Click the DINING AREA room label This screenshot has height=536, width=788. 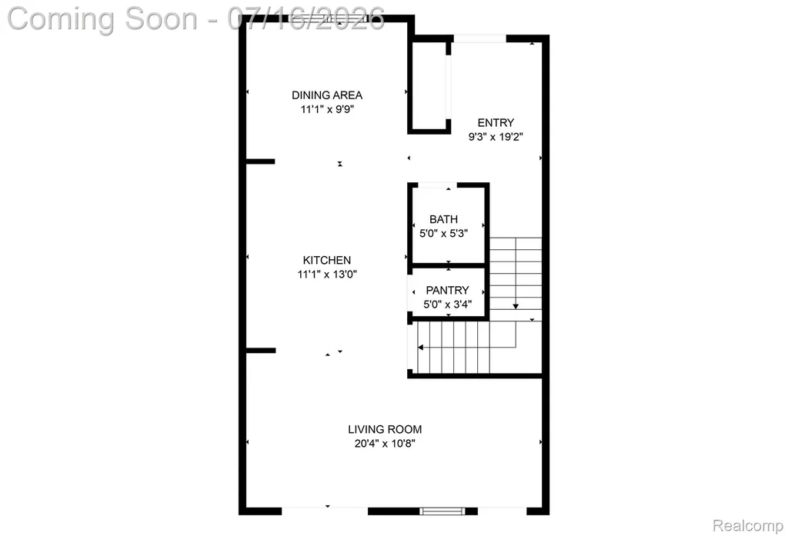[x=326, y=95]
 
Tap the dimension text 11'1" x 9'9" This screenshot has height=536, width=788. [x=328, y=109]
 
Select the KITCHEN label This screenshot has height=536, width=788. [x=326, y=260]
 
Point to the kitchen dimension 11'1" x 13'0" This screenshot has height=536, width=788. [x=327, y=275]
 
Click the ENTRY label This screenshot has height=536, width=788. [x=496, y=122]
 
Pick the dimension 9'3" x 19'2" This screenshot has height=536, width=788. [x=496, y=137]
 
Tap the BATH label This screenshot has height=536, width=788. [x=443, y=219]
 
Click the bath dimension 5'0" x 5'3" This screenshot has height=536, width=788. [x=444, y=234]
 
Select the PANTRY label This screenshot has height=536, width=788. [x=447, y=291]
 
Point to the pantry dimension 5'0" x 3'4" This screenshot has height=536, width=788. [x=447, y=305]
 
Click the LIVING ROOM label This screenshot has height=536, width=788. [x=385, y=430]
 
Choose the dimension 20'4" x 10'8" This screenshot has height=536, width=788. [x=385, y=444]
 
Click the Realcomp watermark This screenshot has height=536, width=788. [x=748, y=526]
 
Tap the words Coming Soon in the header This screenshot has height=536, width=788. [x=102, y=19]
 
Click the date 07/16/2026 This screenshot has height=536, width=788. [x=306, y=19]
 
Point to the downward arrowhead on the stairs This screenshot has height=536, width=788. [x=516, y=306]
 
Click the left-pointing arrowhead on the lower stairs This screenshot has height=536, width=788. [x=421, y=348]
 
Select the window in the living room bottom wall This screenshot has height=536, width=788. [x=442, y=511]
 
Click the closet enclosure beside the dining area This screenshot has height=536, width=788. [x=429, y=88]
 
